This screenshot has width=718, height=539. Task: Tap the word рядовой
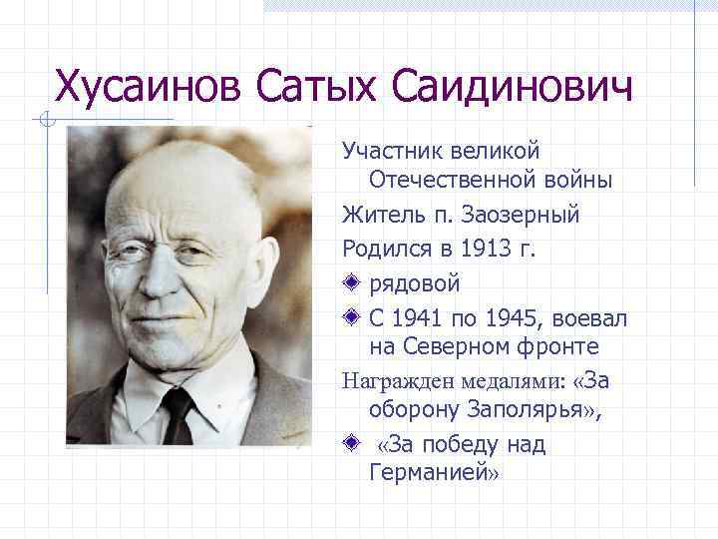click(414, 283)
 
